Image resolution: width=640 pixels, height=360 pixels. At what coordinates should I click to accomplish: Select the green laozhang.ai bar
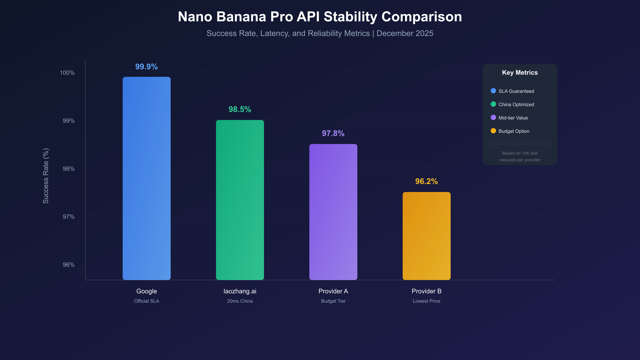point(240,200)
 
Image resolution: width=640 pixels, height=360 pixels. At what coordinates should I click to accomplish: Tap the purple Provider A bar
point(333,212)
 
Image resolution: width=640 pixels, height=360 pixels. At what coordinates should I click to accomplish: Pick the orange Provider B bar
point(426,236)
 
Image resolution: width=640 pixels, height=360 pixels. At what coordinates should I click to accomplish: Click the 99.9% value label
point(146,67)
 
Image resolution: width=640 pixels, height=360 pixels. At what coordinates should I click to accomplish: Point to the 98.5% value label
point(240,109)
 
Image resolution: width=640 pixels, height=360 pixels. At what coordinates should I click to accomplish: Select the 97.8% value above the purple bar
point(333,133)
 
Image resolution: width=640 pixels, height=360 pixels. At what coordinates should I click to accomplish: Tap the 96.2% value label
point(426,181)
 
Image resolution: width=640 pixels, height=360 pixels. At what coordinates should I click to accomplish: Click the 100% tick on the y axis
point(67,73)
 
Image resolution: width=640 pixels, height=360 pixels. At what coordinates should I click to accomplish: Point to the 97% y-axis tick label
point(69,217)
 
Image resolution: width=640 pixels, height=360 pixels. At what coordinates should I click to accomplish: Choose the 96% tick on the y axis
point(69,265)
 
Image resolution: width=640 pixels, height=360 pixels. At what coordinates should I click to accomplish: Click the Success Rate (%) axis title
point(46,176)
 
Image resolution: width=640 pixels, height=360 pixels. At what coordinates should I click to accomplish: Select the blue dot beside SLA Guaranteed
point(493,91)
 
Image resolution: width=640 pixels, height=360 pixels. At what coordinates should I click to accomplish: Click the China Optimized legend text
point(516,105)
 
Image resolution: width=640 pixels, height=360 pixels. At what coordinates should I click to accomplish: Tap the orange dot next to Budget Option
point(493,131)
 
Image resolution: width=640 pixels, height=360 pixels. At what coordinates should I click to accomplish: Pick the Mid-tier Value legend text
point(513,118)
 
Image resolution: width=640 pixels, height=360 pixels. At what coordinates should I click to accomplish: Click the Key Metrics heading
point(520,73)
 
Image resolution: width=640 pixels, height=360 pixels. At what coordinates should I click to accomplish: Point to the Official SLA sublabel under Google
point(146,301)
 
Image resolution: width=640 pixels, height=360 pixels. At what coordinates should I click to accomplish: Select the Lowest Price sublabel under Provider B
point(426,301)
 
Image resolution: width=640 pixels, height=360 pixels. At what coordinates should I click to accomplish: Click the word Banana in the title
point(241,17)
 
